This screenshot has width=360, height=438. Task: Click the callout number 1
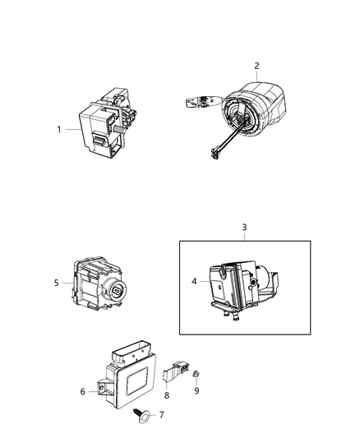(x=59, y=129)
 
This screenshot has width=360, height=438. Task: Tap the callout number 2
(x=256, y=65)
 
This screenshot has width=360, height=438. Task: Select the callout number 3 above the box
(x=243, y=226)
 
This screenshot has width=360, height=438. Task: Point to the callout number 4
(x=195, y=281)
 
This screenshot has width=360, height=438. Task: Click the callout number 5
(x=57, y=283)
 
